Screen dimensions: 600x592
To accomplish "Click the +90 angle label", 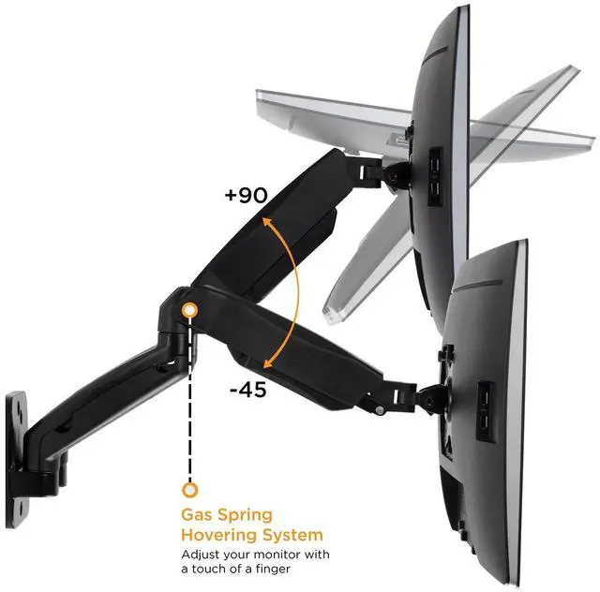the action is pyautogui.click(x=247, y=195).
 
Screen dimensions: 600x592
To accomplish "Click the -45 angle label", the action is pyautogui.click(x=247, y=389).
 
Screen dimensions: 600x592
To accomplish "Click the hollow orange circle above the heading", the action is pyautogui.click(x=190, y=489).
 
